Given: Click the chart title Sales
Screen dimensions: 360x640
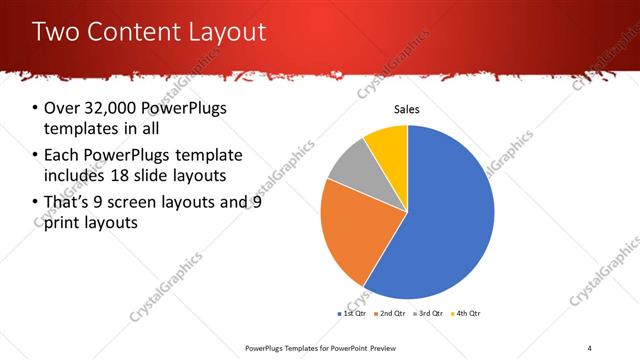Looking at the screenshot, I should pyautogui.click(x=406, y=109).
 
